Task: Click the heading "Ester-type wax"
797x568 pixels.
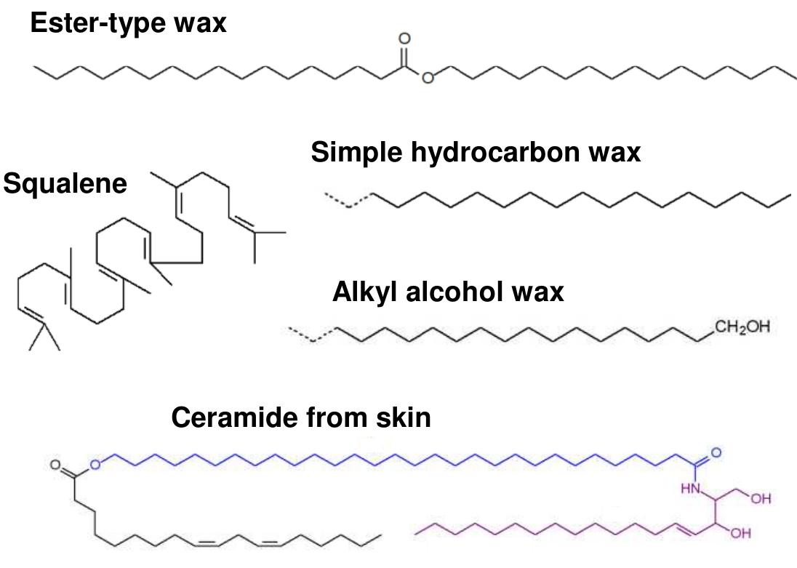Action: (x=128, y=23)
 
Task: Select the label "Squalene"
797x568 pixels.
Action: (x=65, y=183)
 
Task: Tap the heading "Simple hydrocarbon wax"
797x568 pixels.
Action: (x=476, y=153)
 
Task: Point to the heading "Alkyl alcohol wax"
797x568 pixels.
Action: (x=448, y=292)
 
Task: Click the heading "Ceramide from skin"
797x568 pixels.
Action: (x=300, y=417)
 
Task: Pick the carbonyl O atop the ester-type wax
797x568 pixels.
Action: (x=405, y=39)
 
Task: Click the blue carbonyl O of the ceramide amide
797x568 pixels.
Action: (x=716, y=453)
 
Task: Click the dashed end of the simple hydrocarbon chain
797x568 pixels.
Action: (x=348, y=200)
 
